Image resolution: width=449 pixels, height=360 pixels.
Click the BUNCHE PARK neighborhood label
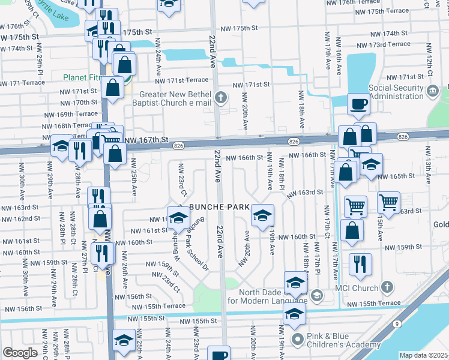[219, 207]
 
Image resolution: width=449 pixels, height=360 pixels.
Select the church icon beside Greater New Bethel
[221, 97]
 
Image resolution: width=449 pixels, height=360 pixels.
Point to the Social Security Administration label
[396, 92]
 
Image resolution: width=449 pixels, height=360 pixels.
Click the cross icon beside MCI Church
[388, 287]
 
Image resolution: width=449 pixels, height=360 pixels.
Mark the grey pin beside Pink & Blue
[298, 340]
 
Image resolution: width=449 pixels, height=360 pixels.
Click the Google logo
[20, 353]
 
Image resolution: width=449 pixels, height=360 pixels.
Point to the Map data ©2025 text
[424, 355]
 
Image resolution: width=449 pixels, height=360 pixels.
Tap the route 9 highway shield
[397, 323]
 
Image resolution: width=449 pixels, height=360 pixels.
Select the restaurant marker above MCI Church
[360, 264]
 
